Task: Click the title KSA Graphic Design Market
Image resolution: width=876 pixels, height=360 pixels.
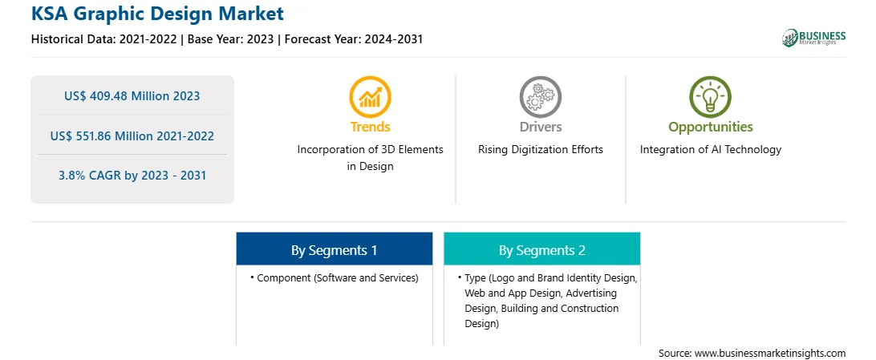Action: pos(157,14)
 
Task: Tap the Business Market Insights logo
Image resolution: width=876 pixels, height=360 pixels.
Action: pos(813,38)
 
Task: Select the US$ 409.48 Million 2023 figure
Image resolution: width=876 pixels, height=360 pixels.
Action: pos(132,96)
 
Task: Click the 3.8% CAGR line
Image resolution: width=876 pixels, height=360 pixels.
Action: pos(132,176)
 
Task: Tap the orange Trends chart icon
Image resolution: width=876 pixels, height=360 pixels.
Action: pos(370,97)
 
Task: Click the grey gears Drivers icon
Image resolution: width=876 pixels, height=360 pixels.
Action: pos(540,97)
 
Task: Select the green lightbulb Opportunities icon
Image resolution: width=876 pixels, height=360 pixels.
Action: pos(710,97)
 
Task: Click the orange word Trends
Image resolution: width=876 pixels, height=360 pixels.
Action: pos(371,127)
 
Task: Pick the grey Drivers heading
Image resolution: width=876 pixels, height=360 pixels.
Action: pos(540,127)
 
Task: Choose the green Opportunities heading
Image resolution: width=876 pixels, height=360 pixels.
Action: pos(711,127)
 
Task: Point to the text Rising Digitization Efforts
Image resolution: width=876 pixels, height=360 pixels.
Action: pos(540,150)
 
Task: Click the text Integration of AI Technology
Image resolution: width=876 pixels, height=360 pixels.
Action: pos(711,150)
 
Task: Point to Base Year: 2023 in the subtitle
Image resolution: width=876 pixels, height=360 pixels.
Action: pos(231,39)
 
